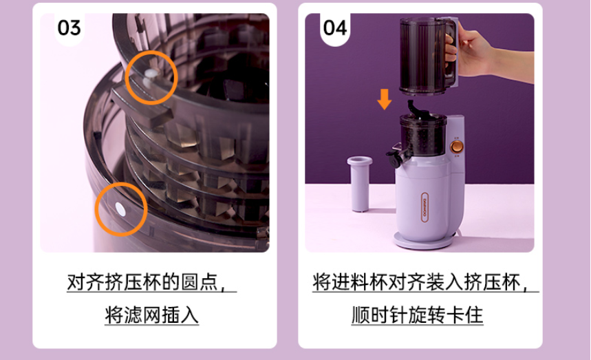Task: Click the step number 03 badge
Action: pyautogui.click(x=69, y=29)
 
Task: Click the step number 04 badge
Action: pyautogui.click(x=335, y=29)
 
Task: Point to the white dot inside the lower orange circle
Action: pyautogui.click(x=120, y=209)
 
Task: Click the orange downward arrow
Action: pyautogui.click(x=385, y=99)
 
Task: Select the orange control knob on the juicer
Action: pyautogui.click(x=457, y=147)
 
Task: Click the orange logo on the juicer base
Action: pyautogui.click(x=425, y=207)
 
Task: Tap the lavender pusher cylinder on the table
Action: pyautogui.click(x=360, y=184)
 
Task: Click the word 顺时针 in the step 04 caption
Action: pyautogui.click(x=380, y=315)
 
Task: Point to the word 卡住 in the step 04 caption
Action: pyautogui.click(x=464, y=315)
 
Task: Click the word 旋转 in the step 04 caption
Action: pyautogui.click(x=427, y=315)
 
